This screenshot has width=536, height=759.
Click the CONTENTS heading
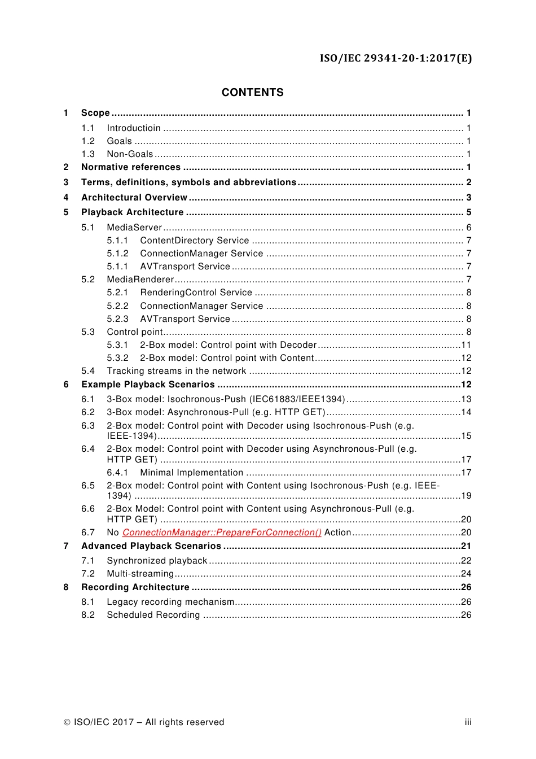[x=252, y=93]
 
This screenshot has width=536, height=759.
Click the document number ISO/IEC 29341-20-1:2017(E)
[x=396, y=58]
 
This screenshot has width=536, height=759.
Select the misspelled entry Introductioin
[x=134, y=128]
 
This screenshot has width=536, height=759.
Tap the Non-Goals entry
[x=130, y=154]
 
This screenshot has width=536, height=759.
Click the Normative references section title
[x=131, y=167]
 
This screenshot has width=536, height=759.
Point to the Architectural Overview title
[x=134, y=198]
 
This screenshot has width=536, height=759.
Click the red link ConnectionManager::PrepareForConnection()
[x=222, y=533]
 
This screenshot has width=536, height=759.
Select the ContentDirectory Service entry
[x=194, y=241]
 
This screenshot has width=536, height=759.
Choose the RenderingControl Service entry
[x=196, y=293]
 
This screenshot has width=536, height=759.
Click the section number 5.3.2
[x=117, y=358]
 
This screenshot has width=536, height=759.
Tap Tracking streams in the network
[x=177, y=371]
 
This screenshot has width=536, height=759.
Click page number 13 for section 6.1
[x=466, y=399]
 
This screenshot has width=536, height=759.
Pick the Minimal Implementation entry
[x=191, y=473]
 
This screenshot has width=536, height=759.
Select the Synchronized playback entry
[x=157, y=561]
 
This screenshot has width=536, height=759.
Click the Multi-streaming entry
[x=140, y=574]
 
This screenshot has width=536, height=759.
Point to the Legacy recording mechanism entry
[x=170, y=602]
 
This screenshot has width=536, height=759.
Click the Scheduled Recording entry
[x=153, y=615]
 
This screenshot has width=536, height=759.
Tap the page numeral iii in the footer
[x=468, y=722]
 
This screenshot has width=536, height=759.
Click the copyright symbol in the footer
[x=67, y=722]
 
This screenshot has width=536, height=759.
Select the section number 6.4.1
[x=117, y=473]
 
